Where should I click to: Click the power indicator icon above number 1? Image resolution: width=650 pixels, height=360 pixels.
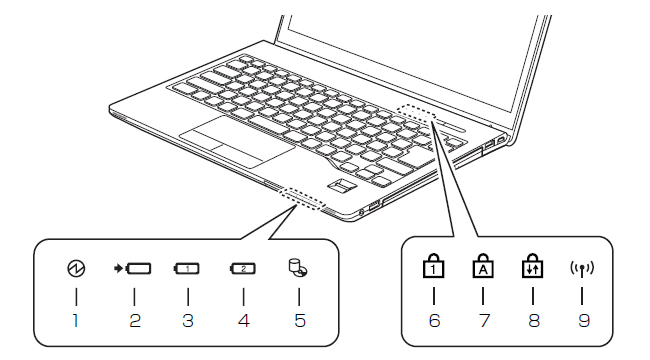click(76, 268)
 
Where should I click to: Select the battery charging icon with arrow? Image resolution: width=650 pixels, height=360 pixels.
click(132, 269)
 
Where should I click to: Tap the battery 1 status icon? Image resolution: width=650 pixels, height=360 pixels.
click(187, 269)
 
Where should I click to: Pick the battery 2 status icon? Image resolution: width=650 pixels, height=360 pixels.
click(243, 269)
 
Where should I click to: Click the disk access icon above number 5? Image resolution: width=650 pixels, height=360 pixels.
click(298, 268)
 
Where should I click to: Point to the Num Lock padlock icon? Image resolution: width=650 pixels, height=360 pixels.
click(433, 265)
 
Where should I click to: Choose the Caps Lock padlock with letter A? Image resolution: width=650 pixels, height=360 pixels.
click(483, 265)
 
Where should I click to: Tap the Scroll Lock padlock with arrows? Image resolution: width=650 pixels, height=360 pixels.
click(532, 265)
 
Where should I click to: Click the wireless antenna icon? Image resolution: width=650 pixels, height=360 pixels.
click(582, 270)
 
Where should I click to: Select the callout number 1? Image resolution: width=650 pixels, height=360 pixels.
click(75, 320)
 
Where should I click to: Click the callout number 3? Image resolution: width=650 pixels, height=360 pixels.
click(188, 320)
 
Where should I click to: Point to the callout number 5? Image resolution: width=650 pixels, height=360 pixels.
click(300, 320)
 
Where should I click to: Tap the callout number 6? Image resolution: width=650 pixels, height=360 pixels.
click(434, 320)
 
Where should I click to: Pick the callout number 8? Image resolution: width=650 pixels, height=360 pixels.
click(534, 320)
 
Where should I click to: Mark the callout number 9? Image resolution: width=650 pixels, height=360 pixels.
click(584, 320)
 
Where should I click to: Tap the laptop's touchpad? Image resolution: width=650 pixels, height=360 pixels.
click(238, 141)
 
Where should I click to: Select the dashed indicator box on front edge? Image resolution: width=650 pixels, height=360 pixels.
click(303, 198)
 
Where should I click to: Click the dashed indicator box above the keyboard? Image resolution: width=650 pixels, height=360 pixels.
click(417, 112)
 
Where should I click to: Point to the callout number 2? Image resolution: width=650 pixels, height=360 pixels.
click(135, 320)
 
